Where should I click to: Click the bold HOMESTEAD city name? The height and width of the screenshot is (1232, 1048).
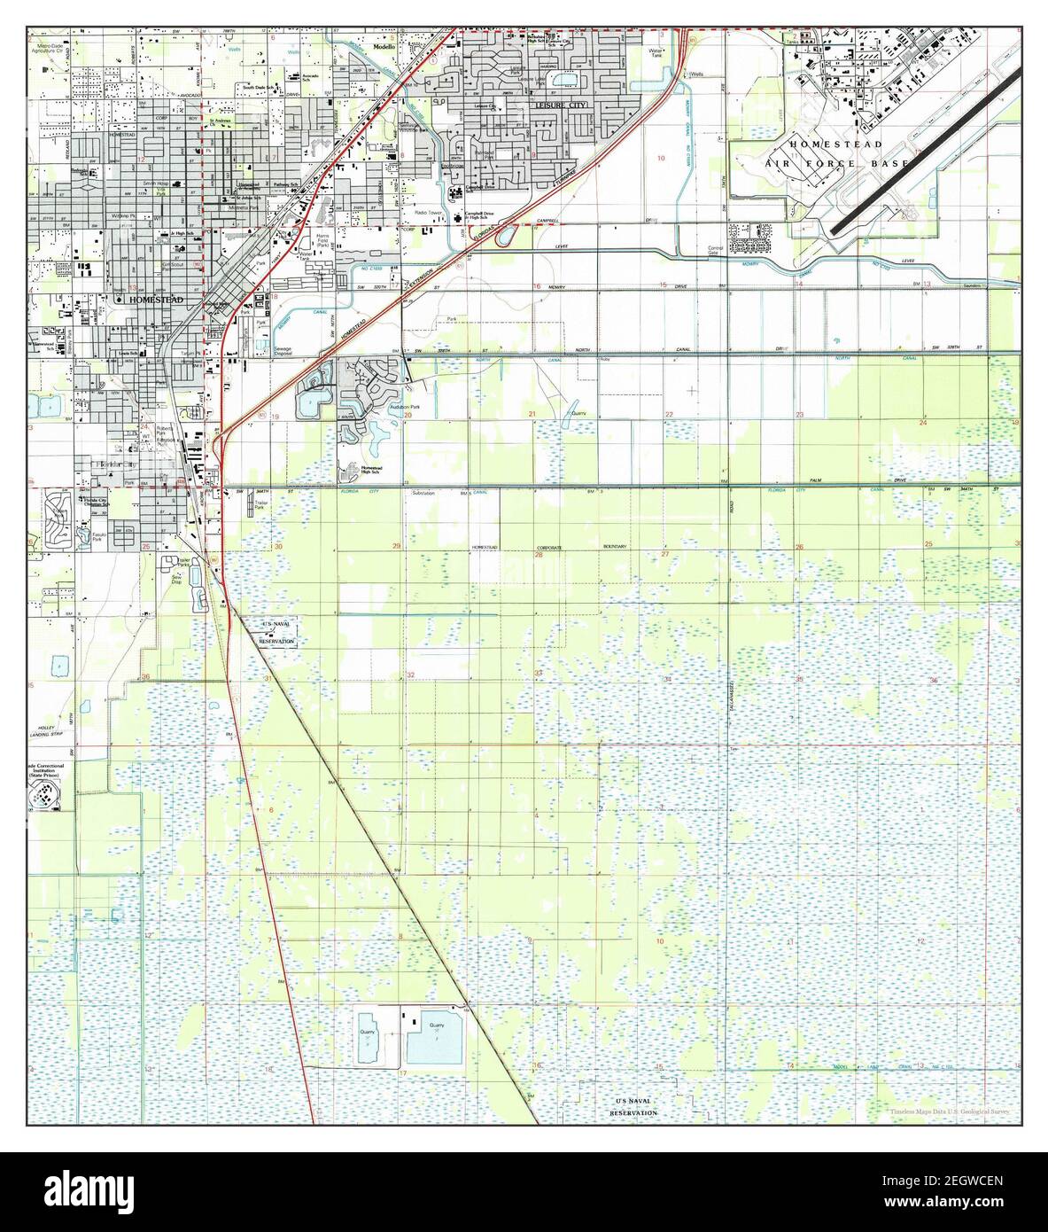click(156, 300)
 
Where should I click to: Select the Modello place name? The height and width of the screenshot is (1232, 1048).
click(386, 47)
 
